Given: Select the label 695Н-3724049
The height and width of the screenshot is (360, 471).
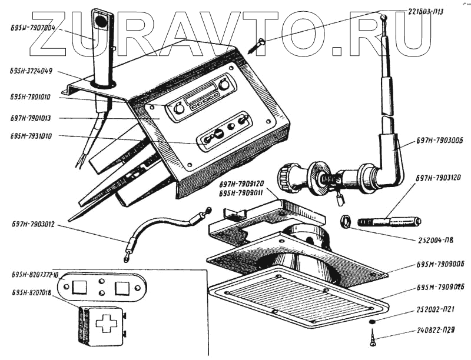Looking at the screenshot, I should point(31,71).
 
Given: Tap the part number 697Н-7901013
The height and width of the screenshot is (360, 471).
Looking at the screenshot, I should point(31,118).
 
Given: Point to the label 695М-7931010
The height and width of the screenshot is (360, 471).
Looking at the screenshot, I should point(31,136).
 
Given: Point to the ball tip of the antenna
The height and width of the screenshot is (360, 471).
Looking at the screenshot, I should point(383,18).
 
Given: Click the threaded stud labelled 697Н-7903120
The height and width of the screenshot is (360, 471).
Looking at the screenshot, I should point(389,222).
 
